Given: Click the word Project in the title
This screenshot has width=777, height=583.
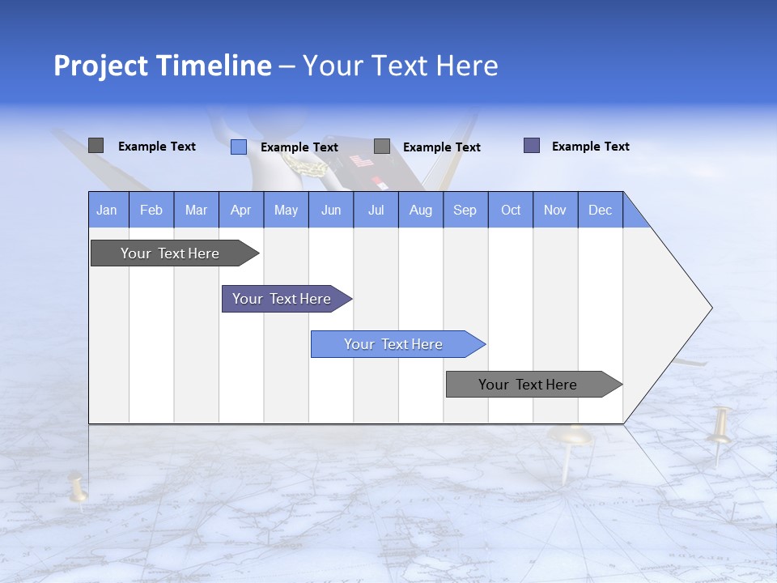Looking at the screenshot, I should tap(99, 66).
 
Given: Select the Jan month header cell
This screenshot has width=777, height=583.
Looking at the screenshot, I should tap(107, 210).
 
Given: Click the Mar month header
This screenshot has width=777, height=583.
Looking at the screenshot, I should tap(196, 210).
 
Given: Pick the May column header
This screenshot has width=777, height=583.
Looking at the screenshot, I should tap(286, 210).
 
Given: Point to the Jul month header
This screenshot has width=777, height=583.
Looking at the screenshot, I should tap(376, 210).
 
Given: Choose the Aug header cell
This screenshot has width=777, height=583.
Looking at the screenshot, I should tap(420, 210).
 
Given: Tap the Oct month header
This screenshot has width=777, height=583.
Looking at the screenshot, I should tap(511, 210).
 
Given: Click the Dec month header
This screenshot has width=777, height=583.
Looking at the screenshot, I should tap(600, 210).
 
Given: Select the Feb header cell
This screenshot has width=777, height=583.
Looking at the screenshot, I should tap(151, 210).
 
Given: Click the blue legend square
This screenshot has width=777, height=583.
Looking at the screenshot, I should tap(239, 147).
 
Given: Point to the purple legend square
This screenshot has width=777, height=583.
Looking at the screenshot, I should tap(532, 146).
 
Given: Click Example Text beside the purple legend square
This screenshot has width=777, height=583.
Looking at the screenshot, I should tap(590, 147).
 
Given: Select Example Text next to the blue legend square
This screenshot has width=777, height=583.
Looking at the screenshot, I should tap(299, 147).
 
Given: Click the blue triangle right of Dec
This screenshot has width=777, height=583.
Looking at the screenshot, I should tap(635, 215).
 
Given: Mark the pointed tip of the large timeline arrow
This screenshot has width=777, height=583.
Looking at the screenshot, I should tap(710, 308).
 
